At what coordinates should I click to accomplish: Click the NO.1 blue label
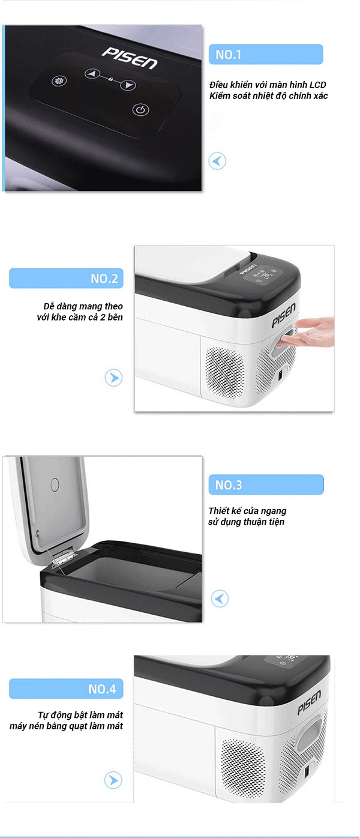point(266,54)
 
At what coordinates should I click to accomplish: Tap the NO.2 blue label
point(66,278)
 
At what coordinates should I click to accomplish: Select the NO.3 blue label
point(266,485)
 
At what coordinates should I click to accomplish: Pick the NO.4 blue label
point(66,689)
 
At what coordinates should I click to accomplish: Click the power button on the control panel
point(141,110)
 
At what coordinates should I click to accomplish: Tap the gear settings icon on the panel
point(59,80)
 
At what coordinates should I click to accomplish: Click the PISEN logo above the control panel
point(130,58)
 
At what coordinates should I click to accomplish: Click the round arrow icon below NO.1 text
point(217,161)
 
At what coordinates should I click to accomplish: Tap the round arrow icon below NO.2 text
point(113,378)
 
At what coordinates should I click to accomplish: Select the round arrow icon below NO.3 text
point(220,598)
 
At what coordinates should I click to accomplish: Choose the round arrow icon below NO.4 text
point(113,780)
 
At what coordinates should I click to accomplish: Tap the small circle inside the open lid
point(55,484)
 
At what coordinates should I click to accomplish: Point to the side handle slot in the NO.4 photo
point(309,730)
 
